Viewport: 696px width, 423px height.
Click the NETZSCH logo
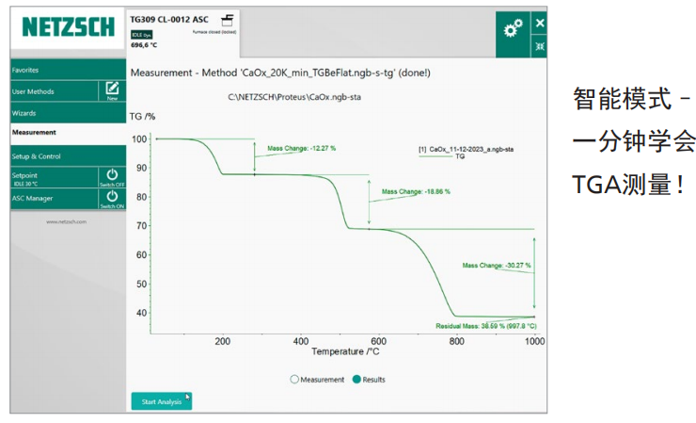pos(67,28)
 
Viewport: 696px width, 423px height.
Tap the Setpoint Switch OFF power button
pos(112,177)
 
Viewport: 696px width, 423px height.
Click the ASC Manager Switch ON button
pos(112,200)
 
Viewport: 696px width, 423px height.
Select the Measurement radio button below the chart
pos(294,379)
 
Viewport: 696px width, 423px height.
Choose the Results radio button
pos(356,379)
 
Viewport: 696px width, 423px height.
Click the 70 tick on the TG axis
pos(139,226)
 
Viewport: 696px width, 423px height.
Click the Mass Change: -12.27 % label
pos(301,148)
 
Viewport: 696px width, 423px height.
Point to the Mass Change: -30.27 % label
pos(497,266)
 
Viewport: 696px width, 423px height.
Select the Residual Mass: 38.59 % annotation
pos(486,325)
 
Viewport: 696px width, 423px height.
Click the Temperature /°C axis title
pos(347,352)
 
